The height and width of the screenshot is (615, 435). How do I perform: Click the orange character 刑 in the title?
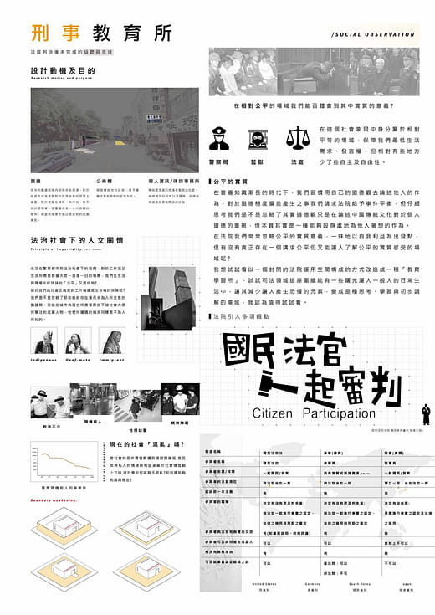tap(39, 33)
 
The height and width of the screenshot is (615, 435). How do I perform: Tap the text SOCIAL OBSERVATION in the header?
tap(373, 35)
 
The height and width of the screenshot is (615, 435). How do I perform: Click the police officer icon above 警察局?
tap(219, 136)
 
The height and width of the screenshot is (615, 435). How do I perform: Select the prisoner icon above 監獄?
tap(256, 137)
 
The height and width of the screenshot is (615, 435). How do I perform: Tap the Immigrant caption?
tap(112, 359)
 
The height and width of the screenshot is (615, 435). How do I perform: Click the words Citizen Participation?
tap(314, 413)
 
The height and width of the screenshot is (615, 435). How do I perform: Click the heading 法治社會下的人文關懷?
tap(69, 239)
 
